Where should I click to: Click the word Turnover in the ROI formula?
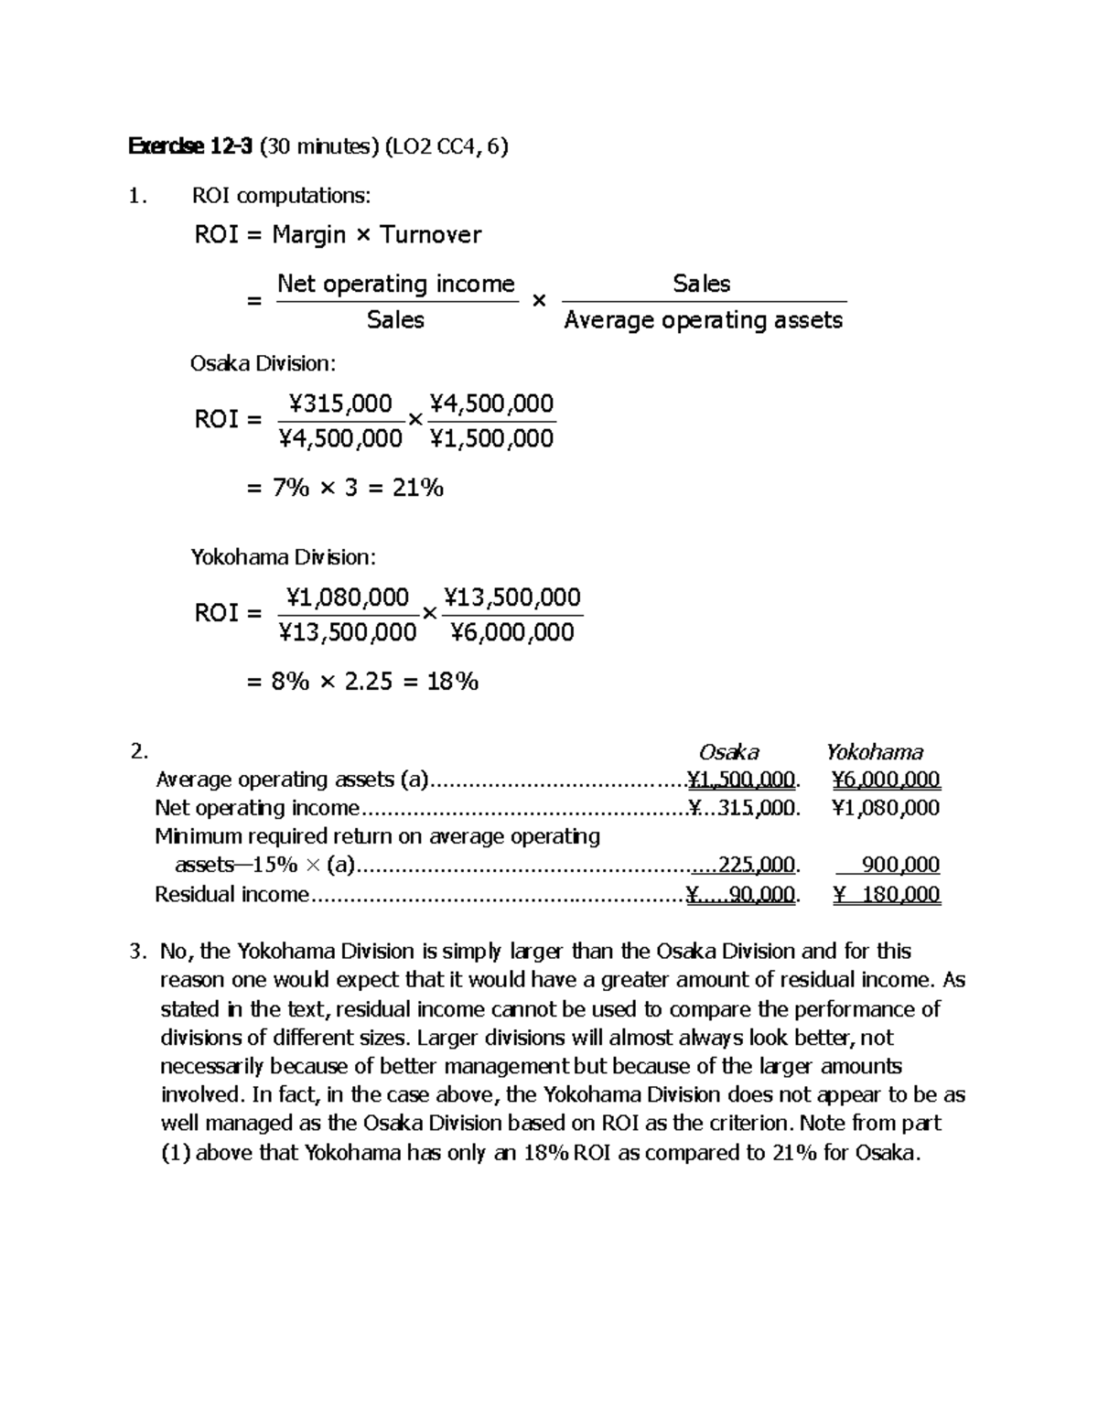pyautogui.click(x=430, y=235)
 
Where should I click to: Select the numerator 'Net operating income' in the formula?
pyautogui.click(x=395, y=284)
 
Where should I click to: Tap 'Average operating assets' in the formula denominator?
pyautogui.click(x=703, y=320)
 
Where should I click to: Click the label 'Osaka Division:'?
pyautogui.click(x=263, y=364)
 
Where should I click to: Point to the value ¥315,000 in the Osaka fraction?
pyautogui.click(x=340, y=404)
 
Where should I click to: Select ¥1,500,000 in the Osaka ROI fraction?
pyautogui.click(x=491, y=438)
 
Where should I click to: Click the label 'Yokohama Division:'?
pyautogui.click(x=283, y=557)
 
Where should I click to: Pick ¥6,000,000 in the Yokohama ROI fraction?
pyautogui.click(x=512, y=632)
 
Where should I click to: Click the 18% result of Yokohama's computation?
pyautogui.click(x=452, y=682)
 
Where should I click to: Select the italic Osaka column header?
pyautogui.click(x=728, y=752)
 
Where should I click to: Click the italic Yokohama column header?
pyautogui.click(x=874, y=752)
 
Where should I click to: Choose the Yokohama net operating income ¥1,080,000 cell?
pyautogui.click(x=886, y=808)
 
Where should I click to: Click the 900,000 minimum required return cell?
pyautogui.click(x=900, y=866)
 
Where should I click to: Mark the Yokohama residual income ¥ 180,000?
pyautogui.click(x=886, y=895)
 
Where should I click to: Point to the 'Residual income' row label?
pyautogui.click(x=231, y=895)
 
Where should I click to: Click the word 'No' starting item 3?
pyautogui.click(x=171, y=952)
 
